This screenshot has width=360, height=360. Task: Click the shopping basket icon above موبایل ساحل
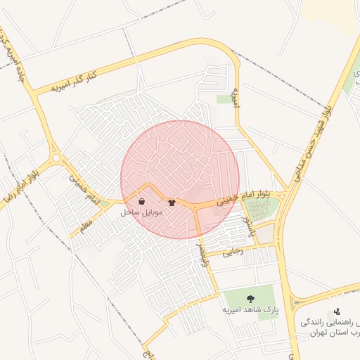coord(142,201)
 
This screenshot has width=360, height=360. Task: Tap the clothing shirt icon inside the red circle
coord(172,202)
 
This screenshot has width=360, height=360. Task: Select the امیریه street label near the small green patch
coord(236,98)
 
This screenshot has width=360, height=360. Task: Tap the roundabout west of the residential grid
coord(56,159)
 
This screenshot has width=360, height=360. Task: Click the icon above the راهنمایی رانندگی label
coord(337,311)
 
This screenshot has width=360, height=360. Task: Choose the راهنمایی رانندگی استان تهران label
coord(330,327)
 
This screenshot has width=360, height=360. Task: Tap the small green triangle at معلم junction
coord(103,204)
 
